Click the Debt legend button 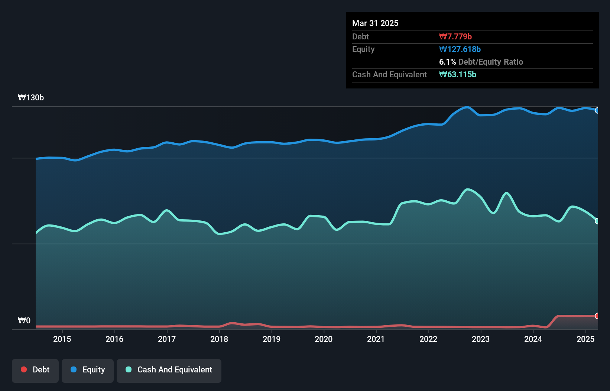(x=35, y=370)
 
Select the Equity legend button (x=88, y=370)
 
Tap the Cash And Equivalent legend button (x=169, y=370)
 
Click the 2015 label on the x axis (x=62, y=339)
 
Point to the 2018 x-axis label (x=219, y=339)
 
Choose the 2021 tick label (x=376, y=339)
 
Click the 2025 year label (x=585, y=339)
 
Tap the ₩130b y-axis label (x=31, y=98)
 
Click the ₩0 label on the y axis (x=24, y=321)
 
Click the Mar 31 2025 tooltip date (x=375, y=23)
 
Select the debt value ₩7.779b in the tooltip (x=455, y=37)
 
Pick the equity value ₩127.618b (x=460, y=49)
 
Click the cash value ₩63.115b (x=458, y=75)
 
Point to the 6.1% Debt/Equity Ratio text (x=481, y=62)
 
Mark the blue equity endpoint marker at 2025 (x=597, y=110)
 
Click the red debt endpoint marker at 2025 (x=597, y=316)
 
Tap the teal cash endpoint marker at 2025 (x=597, y=221)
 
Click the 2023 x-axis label (x=481, y=339)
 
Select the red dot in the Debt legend (x=24, y=369)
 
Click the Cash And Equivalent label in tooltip (x=389, y=75)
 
